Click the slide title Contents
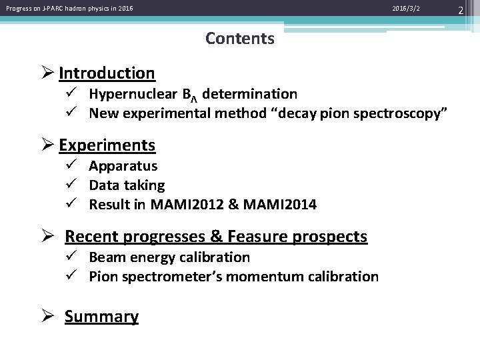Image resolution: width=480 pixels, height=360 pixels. pos(240,39)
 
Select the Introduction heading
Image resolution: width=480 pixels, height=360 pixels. pos(107,73)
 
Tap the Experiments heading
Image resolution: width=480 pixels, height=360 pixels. pos(107,145)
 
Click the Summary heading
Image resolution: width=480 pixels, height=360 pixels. pos(101,317)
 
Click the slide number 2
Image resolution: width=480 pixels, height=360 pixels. pos(470,9)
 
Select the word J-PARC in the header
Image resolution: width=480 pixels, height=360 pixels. pos(51,9)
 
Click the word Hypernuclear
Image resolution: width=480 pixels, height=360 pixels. pos(127,94)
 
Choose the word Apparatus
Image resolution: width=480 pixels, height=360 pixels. pos(123,166)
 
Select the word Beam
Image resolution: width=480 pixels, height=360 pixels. pos(105,257)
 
